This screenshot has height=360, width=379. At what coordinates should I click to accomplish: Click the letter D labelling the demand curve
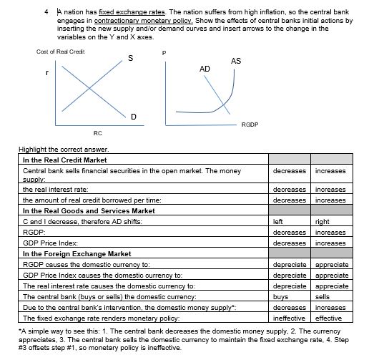(x=134, y=116)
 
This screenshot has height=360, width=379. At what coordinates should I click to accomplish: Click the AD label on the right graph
(x=205, y=68)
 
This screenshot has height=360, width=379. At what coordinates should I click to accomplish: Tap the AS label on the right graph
(x=236, y=62)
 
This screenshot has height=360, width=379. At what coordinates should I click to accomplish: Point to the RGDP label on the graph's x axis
(x=250, y=124)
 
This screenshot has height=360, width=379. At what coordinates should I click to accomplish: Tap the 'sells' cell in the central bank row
(x=323, y=295)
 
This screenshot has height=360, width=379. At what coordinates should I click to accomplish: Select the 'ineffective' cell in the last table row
(x=290, y=316)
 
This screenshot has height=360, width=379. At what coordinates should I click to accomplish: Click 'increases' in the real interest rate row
(x=330, y=190)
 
